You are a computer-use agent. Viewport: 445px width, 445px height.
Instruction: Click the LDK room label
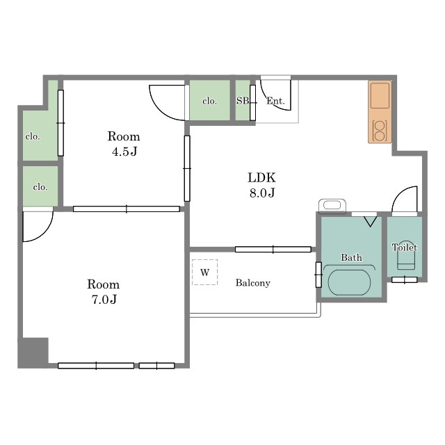pyautogui.click(x=261, y=178)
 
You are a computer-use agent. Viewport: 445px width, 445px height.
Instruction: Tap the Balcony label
pyautogui.click(x=253, y=283)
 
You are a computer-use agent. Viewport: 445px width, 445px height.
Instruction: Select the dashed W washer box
pyautogui.click(x=204, y=272)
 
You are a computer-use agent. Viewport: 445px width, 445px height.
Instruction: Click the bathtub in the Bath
pyautogui.click(x=349, y=282)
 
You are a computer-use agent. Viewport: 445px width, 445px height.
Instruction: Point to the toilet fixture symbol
pyautogui.click(x=406, y=259)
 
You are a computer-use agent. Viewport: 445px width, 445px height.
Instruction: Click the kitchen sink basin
pyautogui.click(x=380, y=95)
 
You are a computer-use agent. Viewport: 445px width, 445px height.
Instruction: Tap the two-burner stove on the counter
pyautogui.click(x=380, y=131)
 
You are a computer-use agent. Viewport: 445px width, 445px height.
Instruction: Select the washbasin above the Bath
pyautogui.click(x=332, y=206)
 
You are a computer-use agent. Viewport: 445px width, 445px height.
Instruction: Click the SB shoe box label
pyautogui.click(x=243, y=101)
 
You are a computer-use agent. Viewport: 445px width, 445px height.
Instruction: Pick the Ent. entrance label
pyautogui.click(x=275, y=101)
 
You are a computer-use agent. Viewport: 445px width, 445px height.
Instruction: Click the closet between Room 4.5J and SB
pyautogui.click(x=210, y=100)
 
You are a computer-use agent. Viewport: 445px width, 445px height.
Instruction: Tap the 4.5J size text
pyautogui.click(x=124, y=152)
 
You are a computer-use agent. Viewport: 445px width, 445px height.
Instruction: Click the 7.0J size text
pyautogui.click(x=104, y=300)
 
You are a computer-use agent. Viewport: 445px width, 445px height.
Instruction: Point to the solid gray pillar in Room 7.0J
pyautogui.click(x=33, y=353)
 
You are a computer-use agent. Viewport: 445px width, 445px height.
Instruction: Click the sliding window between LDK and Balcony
pyautogui.click(x=273, y=250)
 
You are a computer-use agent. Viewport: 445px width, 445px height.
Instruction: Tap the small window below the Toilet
pyautogui.click(x=405, y=280)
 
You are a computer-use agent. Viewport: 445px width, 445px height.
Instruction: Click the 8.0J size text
pyautogui.click(x=262, y=193)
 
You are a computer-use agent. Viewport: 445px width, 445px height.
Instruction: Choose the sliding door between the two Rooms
pyautogui.click(x=127, y=209)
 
